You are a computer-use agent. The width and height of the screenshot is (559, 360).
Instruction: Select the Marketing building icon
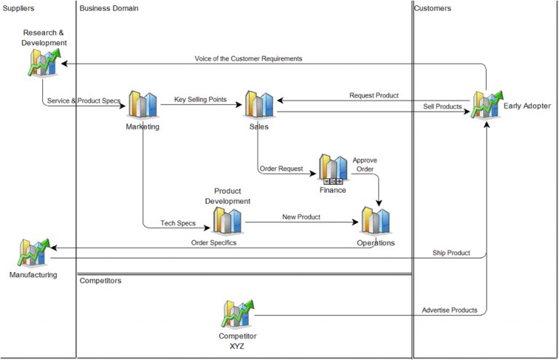click(x=143, y=105)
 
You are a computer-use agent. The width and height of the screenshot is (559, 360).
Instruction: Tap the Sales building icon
click(x=258, y=105)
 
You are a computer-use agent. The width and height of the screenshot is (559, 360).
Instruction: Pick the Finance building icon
click(x=333, y=169)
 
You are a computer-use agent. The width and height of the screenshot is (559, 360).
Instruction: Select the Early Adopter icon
click(x=485, y=105)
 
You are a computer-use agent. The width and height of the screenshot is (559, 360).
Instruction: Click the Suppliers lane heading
click(x=19, y=9)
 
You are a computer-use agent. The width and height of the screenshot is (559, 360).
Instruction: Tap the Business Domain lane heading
click(x=109, y=9)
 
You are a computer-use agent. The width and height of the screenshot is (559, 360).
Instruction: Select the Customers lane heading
click(x=432, y=9)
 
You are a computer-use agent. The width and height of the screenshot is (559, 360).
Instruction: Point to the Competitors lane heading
click(x=100, y=281)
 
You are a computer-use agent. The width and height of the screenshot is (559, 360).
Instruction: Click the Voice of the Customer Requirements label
click(x=248, y=58)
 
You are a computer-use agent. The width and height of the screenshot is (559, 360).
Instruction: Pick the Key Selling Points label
click(x=200, y=99)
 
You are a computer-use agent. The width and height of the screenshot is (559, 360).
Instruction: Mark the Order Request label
click(x=281, y=169)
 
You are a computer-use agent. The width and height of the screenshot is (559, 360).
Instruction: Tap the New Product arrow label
click(x=301, y=217)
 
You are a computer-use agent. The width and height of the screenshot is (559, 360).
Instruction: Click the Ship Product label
click(x=451, y=253)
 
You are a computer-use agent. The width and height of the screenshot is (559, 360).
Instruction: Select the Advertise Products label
click(x=450, y=311)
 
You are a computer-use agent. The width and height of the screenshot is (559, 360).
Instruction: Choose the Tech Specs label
click(x=178, y=223)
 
